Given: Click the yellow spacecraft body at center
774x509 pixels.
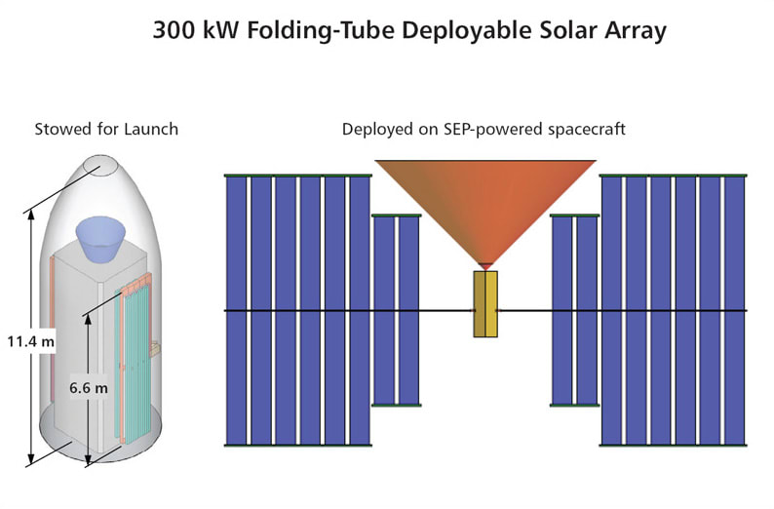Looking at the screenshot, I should [485, 304].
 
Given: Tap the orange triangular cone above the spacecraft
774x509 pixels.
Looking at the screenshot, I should [485, 205].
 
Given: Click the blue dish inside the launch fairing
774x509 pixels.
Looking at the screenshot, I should [103, 237].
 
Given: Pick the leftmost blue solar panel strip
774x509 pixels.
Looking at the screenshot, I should [236, 310].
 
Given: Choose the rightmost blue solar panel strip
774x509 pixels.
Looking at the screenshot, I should [734, 310].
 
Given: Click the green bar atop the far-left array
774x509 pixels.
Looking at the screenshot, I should [298, 176].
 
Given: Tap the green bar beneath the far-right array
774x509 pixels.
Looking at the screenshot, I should [673, 446].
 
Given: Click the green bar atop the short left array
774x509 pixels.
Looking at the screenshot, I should [396, 214].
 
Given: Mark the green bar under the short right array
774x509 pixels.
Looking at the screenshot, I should [574, 406].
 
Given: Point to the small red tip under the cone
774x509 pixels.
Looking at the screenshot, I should [485, 266].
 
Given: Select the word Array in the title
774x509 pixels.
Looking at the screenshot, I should [631, 31].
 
